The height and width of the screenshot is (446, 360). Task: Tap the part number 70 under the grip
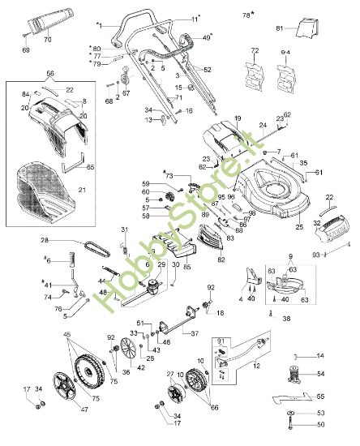(47, 39)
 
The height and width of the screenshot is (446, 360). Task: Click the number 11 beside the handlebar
(195, 17)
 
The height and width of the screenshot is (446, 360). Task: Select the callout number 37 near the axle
(195, 332)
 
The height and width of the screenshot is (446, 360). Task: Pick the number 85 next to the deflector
(187, 264)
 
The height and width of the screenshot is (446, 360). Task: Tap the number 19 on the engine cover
(238, 119)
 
